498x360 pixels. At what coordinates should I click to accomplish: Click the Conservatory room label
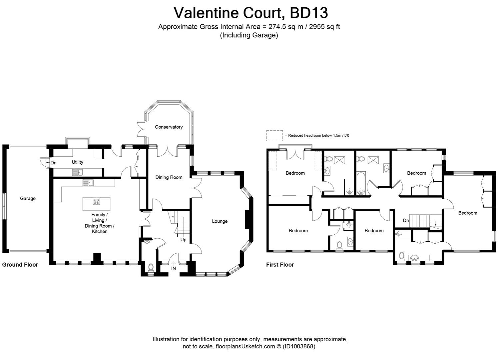169,127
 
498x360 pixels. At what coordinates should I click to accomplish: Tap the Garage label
28,198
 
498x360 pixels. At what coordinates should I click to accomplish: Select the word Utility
77,162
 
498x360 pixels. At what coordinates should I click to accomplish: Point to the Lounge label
220,221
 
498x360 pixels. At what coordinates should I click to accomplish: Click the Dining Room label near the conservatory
169,177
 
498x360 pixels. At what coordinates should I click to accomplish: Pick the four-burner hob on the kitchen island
97,201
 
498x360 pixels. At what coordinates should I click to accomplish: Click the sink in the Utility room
77,172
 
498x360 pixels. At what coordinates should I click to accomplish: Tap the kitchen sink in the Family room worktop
88,183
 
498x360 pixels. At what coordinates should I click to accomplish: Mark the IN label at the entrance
174,268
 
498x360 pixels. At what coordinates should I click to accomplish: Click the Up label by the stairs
183,240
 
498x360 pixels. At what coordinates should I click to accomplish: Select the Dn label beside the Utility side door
53,163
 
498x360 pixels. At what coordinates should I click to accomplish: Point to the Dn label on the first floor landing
406,221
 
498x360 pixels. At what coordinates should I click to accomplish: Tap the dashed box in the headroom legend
274,135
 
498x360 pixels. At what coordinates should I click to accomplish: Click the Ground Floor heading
20,265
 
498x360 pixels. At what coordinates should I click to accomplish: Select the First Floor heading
280,265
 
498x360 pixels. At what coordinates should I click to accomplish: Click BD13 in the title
309,13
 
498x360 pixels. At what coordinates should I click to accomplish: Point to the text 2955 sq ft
324,27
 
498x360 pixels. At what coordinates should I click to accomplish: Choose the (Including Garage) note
249,35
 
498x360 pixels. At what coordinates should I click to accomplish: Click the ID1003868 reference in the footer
299,346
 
